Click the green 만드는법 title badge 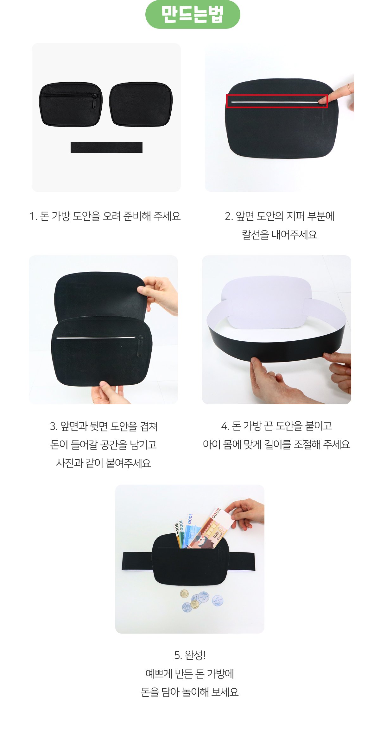coord(193,15)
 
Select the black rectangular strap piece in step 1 coord(106,147)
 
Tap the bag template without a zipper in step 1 coord(141,104)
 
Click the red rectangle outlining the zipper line coord(277,101)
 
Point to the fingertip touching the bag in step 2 coord(323,100)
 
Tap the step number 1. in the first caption coord(33,216)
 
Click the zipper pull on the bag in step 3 coord(139,346)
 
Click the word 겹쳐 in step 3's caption coord(149,426)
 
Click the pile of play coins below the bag coord(202,601)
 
